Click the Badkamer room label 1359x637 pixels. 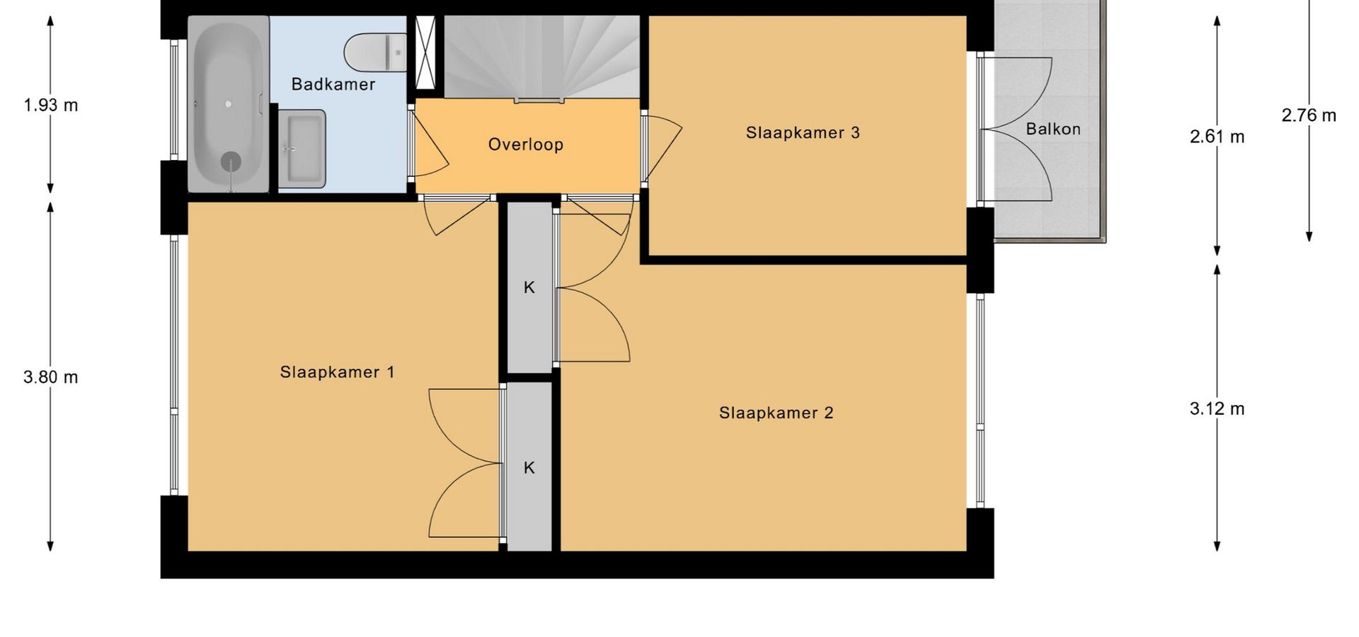pyautogui.click(x=333, y=84)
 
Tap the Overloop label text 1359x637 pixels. pyautogui.click(x=526, y=144)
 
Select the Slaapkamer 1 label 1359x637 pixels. pyautogui.click(x=337, y=372)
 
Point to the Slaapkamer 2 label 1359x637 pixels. pyautogui.click(x=776, y=413)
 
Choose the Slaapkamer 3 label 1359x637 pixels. pyautogui.click(x=803, y=132)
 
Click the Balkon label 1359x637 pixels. pyautogui.click(x=1053, y=129)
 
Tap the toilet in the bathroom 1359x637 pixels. pyautogui.click(x=375, y=52)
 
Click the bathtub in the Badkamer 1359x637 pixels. pyautogui.click(x=228, y=103)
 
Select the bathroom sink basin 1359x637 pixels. pyautogui.click(x=302, y=149)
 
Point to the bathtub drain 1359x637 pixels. pyautogui.click(x=230, y=162)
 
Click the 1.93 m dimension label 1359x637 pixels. pyautogui.click(x=51, y=105)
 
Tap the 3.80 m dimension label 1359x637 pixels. pyautogui.click(x=51, y=377)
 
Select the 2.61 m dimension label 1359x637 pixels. pyautogui.click(x=1217, y=137)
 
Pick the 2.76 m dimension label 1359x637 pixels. pyautogui.click(x=1309, y=115)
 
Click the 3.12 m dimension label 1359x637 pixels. pyautogui.click(x=1217, y=409)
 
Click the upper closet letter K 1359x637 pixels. pyautogui.click(x=529, y=287)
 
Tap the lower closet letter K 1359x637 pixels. pyautogui.click(x=529, y=468)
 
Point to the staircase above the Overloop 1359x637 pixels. pyautogui.click(x=541, y=57)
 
